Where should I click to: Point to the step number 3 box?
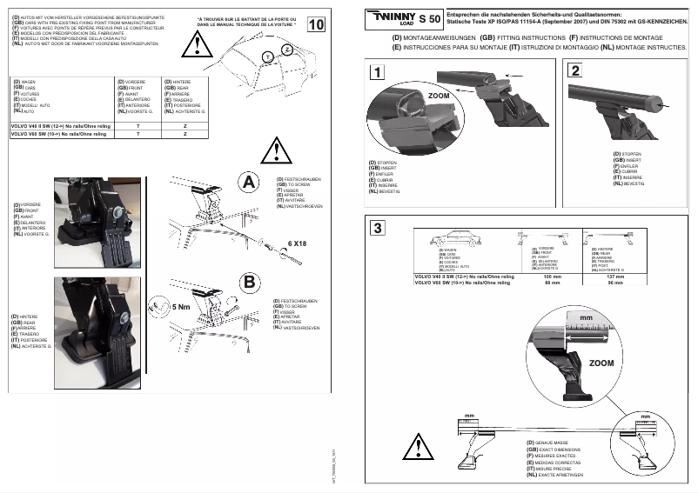(x=375, y=229)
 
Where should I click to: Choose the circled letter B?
(x=249, y=283)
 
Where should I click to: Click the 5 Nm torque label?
(x=182, y=306)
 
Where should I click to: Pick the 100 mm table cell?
(x=552, y=276)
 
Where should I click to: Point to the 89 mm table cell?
(x=552, y=283)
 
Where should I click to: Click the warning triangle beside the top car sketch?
(x=204, y=47)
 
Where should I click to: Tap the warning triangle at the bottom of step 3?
(x=418, y=446)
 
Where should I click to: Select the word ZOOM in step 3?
(x=601, y=363)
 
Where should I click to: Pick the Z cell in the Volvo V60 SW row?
(x=185, y=135)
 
